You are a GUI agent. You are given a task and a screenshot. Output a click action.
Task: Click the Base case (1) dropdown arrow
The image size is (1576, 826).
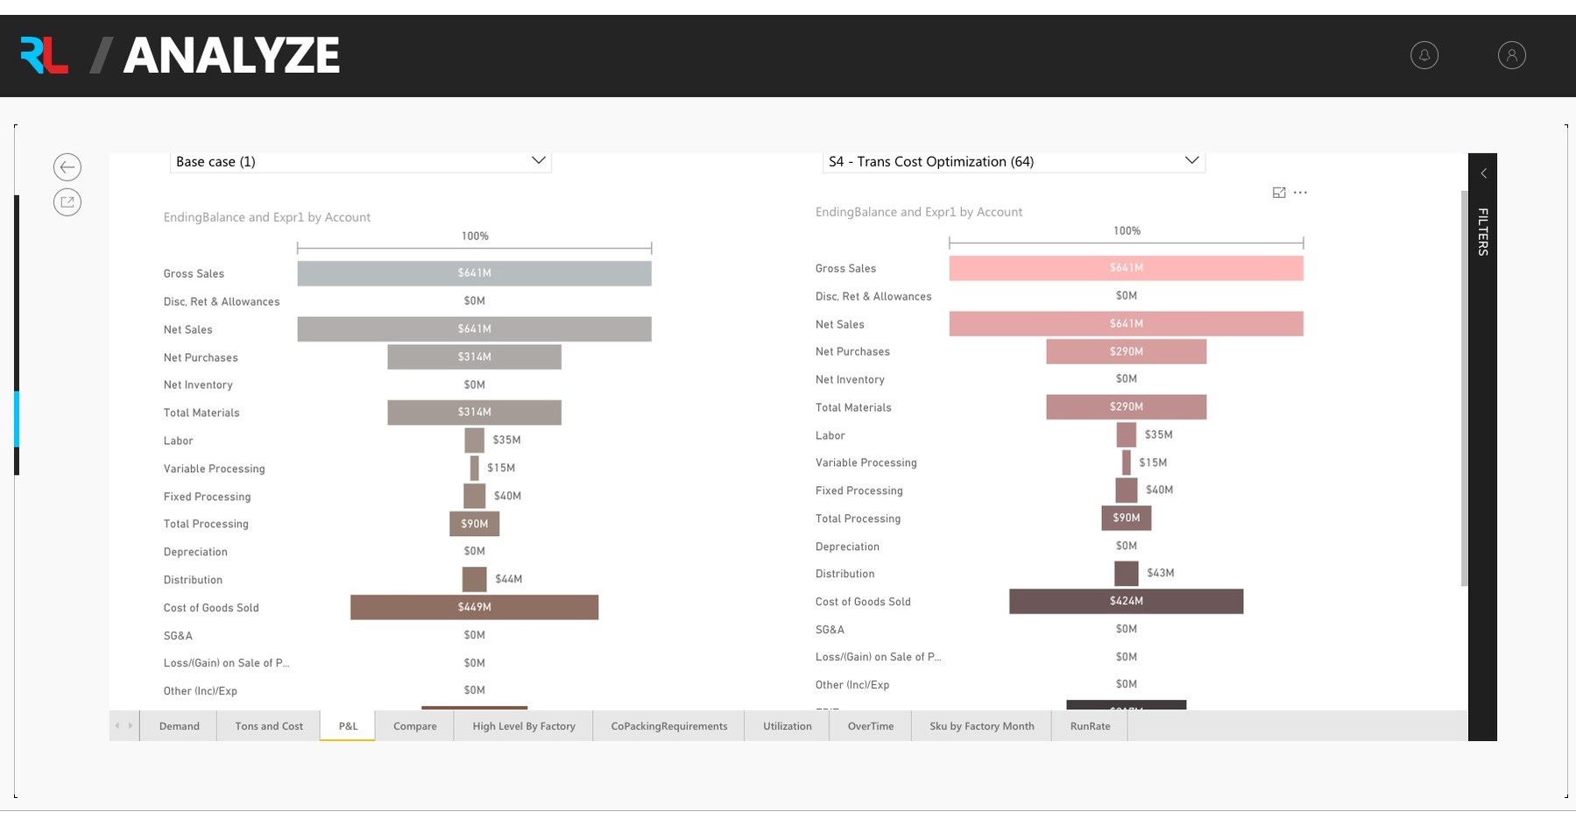coord(538,160)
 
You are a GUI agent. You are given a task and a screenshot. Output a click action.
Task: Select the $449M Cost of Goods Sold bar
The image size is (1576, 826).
coord(474,607)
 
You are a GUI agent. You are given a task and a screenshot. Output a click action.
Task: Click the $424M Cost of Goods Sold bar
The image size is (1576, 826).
coord(1126,601)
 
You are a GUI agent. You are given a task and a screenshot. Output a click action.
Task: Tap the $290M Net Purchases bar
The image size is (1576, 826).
coord(1126,351)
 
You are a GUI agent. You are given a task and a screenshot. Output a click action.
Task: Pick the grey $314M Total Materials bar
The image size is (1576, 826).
coord(474,412)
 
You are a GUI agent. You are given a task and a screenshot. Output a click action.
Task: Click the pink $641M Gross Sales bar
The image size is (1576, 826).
coord(1126,267)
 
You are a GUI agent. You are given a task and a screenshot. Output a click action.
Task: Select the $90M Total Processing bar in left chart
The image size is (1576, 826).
coord(474,524)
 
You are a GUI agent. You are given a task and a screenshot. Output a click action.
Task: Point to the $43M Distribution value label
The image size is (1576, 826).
coord(1160,573)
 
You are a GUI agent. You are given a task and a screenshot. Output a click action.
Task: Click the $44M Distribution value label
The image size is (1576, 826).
coord(508,579)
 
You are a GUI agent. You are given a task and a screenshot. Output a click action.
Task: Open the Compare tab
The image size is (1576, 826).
coord(414,726)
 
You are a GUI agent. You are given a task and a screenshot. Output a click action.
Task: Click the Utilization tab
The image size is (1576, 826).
coord(787,726)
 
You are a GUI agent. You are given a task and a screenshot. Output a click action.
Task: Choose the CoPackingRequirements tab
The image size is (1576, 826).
coord(668,726)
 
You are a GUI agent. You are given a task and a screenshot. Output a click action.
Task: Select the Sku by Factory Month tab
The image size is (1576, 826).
coord(981,726)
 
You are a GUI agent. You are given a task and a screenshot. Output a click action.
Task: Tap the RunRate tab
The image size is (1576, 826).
coord(1090,726)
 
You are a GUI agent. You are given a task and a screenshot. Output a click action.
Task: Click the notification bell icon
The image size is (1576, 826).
coord(1424,55)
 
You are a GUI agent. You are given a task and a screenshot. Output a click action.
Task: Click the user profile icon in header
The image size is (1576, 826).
coord(1511,55)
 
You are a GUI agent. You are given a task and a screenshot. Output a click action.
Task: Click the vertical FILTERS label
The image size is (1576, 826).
coord(1482,231)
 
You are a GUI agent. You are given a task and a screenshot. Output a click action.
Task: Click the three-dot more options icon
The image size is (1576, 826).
coord(1300,193)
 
